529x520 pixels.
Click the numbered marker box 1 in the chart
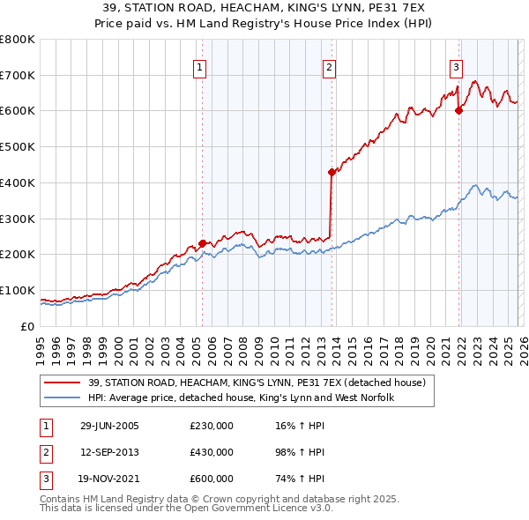tap(200, 67)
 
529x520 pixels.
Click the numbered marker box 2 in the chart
tap(329, 67)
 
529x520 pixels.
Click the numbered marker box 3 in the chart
tap(457, 67)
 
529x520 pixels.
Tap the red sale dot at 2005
tap(203, 243)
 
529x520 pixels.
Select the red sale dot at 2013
tap(332, 172)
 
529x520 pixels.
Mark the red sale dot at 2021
tap(459, 110)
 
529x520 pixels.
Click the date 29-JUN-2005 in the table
tap(109, 427)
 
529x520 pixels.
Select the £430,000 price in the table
tap(212, 452)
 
